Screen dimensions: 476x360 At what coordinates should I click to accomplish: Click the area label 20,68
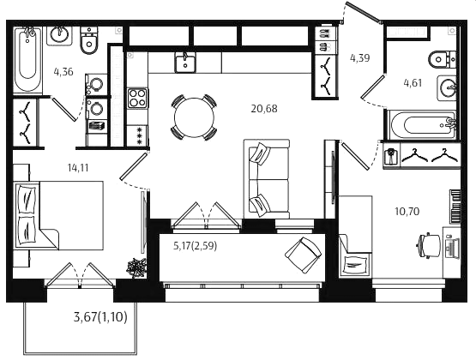click(x=264, y=109)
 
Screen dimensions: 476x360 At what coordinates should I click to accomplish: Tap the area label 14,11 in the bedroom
click(x=78, y=168)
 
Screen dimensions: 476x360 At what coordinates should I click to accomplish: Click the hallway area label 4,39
click(x=359, y=58)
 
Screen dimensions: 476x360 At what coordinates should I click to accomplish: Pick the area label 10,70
click(x=407, y=211)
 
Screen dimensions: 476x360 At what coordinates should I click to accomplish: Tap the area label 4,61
click(x=413, y=82)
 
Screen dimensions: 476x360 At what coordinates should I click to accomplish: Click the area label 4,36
click(x=63, y=72)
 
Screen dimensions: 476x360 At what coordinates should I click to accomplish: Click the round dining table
click(x=194, y=117)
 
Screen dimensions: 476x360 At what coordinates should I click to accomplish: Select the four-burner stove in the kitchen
click(x=137, y=99)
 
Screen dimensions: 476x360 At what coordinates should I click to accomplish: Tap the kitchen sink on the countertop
click(x=185, y=62)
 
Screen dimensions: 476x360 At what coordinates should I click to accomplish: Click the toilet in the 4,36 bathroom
click(x=89, y=40)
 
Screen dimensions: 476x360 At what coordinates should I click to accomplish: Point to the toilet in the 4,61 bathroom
click(x=442, y=59)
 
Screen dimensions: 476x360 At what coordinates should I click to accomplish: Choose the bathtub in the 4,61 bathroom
click(x=423, y=125)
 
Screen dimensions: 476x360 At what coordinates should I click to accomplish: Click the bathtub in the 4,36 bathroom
click(x=27, y=60)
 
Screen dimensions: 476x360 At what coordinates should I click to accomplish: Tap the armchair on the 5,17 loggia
click(x=304, y=255)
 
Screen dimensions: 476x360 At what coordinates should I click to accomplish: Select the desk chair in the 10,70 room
click(x=429, y=245)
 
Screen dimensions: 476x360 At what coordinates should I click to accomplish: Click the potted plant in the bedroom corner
click(x=136, y=267)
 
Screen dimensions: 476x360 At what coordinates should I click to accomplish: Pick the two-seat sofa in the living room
click(x=266, y=179)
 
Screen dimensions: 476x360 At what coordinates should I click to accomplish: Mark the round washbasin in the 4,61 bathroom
click(x=447, y=88)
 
